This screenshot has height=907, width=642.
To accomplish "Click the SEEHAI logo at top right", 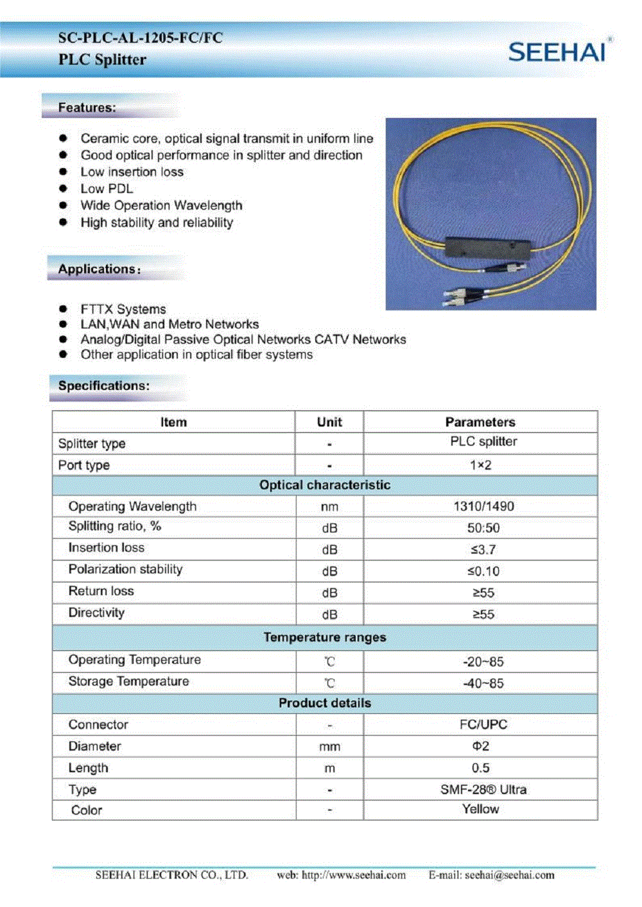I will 557,51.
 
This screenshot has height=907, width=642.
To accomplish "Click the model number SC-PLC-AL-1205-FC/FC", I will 140,38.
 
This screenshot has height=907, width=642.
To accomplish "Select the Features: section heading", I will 87,108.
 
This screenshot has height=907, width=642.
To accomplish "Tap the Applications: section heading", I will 99,269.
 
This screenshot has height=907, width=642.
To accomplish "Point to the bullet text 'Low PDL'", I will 107,189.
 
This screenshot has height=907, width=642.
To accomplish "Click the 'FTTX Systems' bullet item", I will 123,309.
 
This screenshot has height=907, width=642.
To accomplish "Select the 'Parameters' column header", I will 480,422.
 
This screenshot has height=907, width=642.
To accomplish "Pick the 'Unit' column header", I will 329,422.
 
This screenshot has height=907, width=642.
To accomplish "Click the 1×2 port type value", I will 480,465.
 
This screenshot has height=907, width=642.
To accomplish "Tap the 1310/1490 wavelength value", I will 483,507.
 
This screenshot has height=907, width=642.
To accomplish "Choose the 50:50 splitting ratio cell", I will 483,529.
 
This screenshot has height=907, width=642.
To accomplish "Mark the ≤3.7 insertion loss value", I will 483,550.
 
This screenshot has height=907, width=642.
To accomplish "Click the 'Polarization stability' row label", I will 126,570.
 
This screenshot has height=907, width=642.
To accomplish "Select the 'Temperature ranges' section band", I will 325,638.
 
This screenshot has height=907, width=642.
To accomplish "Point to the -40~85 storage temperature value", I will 483,684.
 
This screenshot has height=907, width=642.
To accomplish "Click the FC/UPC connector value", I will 483,725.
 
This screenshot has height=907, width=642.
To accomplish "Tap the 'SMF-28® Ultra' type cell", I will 483,790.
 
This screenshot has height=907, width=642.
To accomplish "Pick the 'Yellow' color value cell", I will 480,810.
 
